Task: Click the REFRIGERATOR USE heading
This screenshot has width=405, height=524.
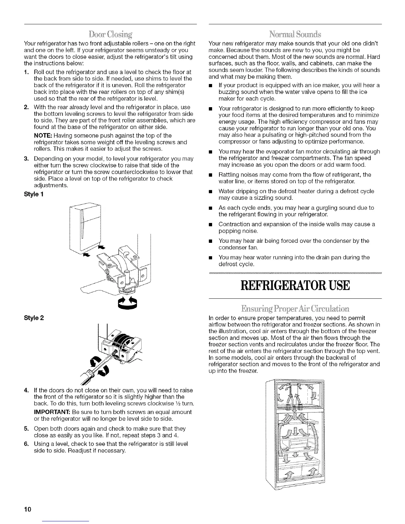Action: pyautogui.click(x=295, y=285)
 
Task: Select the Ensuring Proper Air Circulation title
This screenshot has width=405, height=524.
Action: pyautogui.click(x=295, y=309)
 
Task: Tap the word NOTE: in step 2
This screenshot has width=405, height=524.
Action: pyautogui.click(x=43, y=135)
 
